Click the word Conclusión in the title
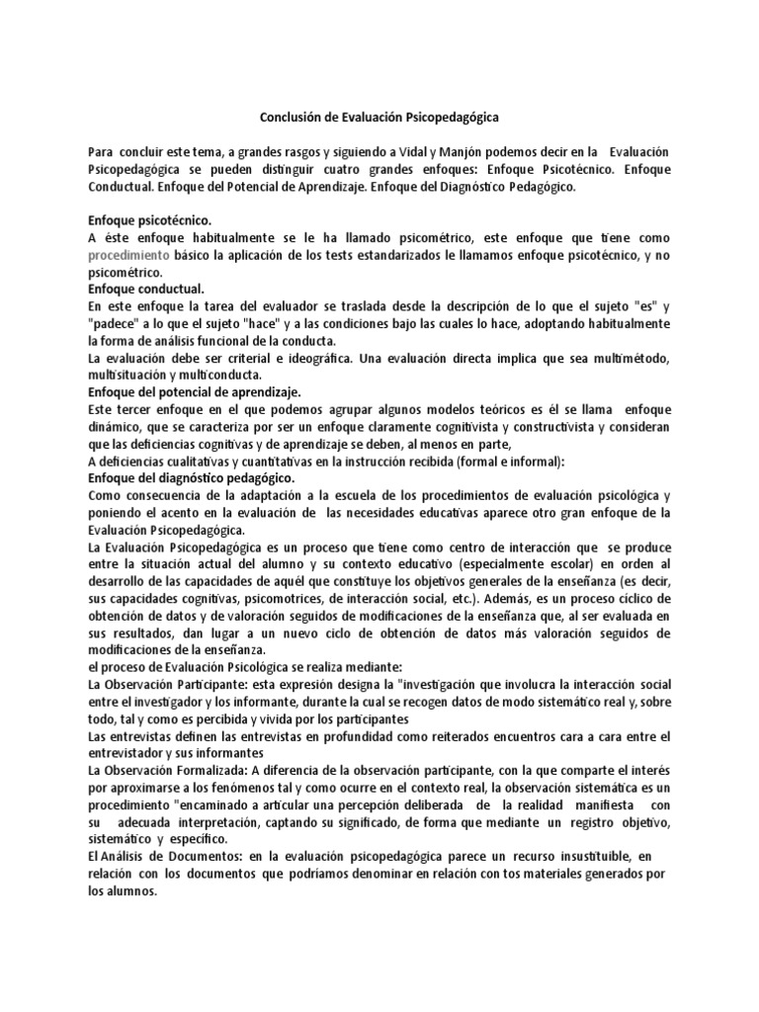click(292, 118)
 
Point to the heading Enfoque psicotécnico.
click(149, 220)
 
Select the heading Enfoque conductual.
click(145, 289)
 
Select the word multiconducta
click(220, 375)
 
